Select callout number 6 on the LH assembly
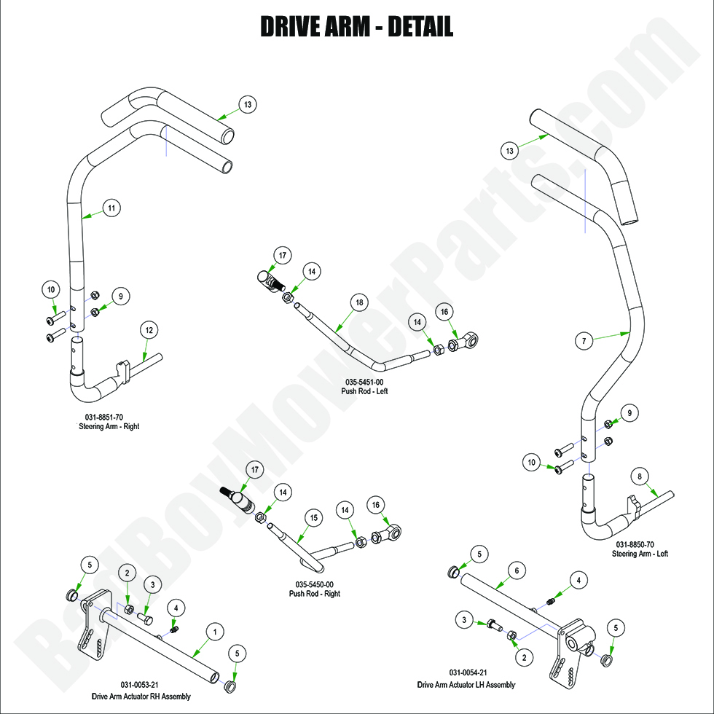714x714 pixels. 516,573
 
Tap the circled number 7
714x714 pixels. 582,340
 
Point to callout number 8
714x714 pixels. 640,477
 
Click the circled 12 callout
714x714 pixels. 149,330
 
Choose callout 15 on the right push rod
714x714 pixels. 313,518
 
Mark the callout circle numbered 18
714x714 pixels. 358,302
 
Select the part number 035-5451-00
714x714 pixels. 365,382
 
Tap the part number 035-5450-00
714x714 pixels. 315,584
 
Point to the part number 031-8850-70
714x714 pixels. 635,544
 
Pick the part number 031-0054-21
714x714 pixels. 466,672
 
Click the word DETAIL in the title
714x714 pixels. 420,27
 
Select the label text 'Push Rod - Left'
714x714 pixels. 365,391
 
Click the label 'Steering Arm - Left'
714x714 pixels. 640,554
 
